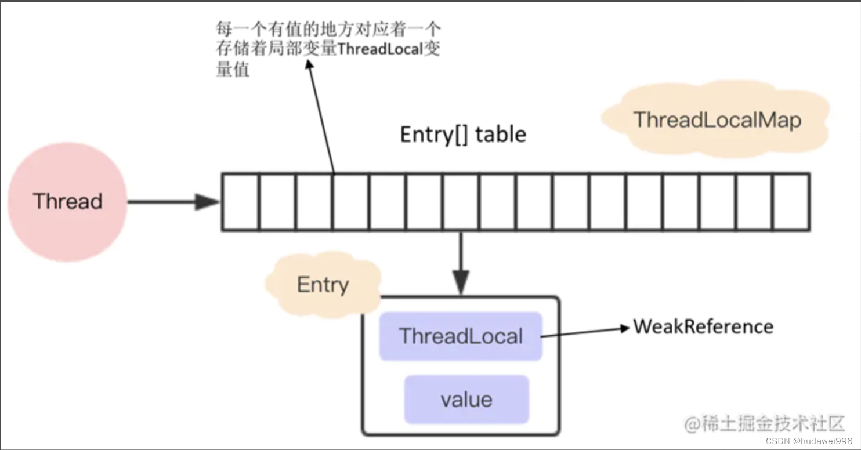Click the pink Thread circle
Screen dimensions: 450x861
click(67, 201)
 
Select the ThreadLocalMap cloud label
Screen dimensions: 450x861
click(717, 120)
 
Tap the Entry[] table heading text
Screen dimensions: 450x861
click(463, 135)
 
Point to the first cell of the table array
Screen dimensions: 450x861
click(240, 202)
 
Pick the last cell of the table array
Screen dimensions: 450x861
click(791, 202)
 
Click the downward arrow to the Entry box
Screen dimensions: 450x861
click(461, 261)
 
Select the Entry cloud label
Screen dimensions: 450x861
click(323, 285)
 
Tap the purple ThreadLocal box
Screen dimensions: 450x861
click(461, 336)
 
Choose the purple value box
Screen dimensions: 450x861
click(466, 400)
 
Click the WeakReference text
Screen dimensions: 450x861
click(703, 326)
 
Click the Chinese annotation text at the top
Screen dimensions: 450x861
click(328, 49)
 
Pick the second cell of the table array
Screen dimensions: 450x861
click(277, 202)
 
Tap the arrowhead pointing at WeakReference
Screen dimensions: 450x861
click(625, 328)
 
